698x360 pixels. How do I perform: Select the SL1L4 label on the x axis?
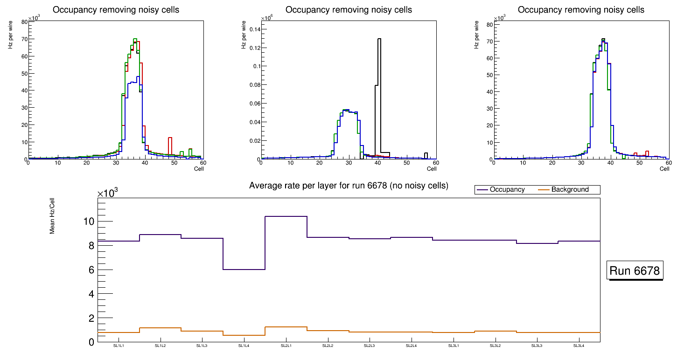pos(244,346)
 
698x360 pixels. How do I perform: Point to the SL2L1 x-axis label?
pos(286,346)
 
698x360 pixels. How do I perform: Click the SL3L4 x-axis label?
pos(579,346)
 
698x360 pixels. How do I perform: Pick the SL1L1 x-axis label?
pos(119,346)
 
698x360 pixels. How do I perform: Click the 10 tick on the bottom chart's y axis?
pos(89,222)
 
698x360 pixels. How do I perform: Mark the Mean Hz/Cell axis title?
pos(53,219)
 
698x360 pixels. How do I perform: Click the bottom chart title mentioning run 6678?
pos(349,186)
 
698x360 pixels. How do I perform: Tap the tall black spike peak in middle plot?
pos(379,39)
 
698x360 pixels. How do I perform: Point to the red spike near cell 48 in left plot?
pos(170,138)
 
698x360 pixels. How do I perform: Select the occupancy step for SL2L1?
pos(286,216)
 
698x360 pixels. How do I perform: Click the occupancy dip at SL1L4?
pos(244,270)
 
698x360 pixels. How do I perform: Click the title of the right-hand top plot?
pos(581,10)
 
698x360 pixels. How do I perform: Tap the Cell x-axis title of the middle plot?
pos(432,169)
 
